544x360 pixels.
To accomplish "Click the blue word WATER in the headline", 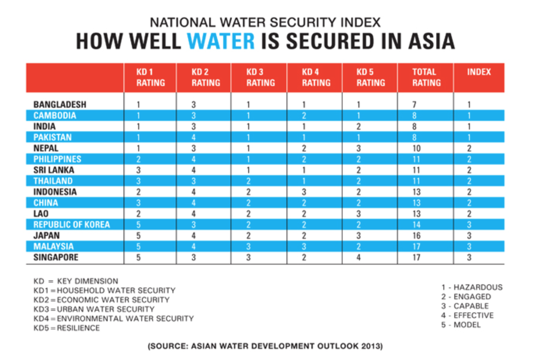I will (221, 41).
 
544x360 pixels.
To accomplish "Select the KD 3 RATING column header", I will (260, 77).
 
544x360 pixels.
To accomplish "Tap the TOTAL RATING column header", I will (426, 77).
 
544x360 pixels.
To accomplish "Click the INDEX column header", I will (479, 72).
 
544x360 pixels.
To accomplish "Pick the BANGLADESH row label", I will (60, 105).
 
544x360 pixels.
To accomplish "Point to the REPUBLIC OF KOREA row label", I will (71, 225).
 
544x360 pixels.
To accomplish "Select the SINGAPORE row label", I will (56, 258).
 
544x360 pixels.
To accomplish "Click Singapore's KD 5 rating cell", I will (358, 258).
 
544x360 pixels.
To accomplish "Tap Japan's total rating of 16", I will (416, 236).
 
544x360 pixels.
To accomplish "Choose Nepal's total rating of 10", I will (416, 148).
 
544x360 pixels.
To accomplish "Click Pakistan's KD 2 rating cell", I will (194, 137).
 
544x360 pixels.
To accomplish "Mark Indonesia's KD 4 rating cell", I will (304, 192).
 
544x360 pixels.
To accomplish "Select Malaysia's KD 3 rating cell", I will (248, 247).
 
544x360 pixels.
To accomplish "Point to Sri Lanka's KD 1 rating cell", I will (138, 170).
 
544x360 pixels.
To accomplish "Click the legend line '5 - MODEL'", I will (461, 325).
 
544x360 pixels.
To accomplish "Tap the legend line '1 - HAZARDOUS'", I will (472, 287).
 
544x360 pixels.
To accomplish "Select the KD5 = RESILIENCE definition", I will (67, 328).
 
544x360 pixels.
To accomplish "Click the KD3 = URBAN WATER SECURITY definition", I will (94, 309).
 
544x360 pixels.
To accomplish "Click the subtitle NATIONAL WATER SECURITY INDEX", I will (265, 23).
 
